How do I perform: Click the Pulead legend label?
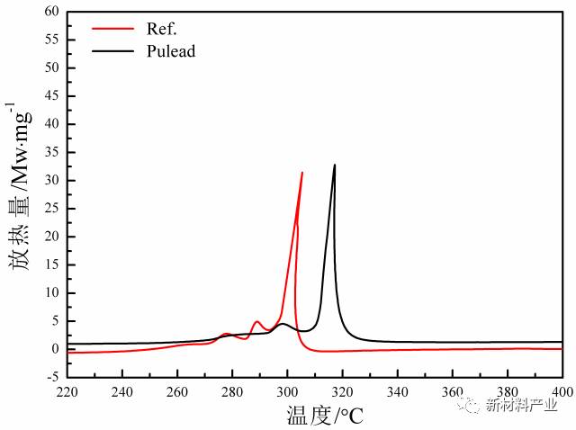coord(170,51)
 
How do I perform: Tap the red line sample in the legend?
coord(113,28)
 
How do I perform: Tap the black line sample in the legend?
coord(113,51)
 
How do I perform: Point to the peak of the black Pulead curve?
coord(335,166)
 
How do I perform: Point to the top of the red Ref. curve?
coord(302,173)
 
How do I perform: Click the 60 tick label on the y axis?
coord(50,12)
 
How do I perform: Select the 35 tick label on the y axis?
coord(50,153)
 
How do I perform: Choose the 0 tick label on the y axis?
coord(54,349)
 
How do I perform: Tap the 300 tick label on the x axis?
coord(287,393)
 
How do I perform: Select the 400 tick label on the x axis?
coord(561,393)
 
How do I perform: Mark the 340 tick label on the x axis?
coord(397,393)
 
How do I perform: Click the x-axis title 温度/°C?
coord(312,416)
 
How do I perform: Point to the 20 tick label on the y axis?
coord(50,237)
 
